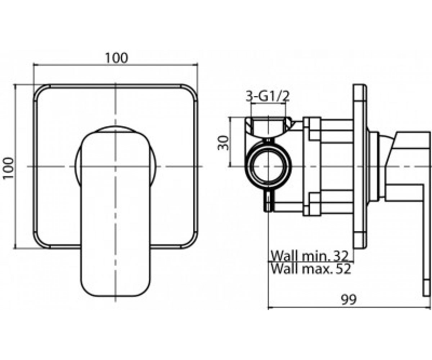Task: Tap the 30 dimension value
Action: pos(223,143)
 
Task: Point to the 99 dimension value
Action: pos(348,300)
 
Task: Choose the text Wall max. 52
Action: pos(311,269)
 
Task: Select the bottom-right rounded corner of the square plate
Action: pos(192,242)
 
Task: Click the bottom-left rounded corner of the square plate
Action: pos(39,242)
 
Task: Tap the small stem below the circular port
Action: pos(269,200)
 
